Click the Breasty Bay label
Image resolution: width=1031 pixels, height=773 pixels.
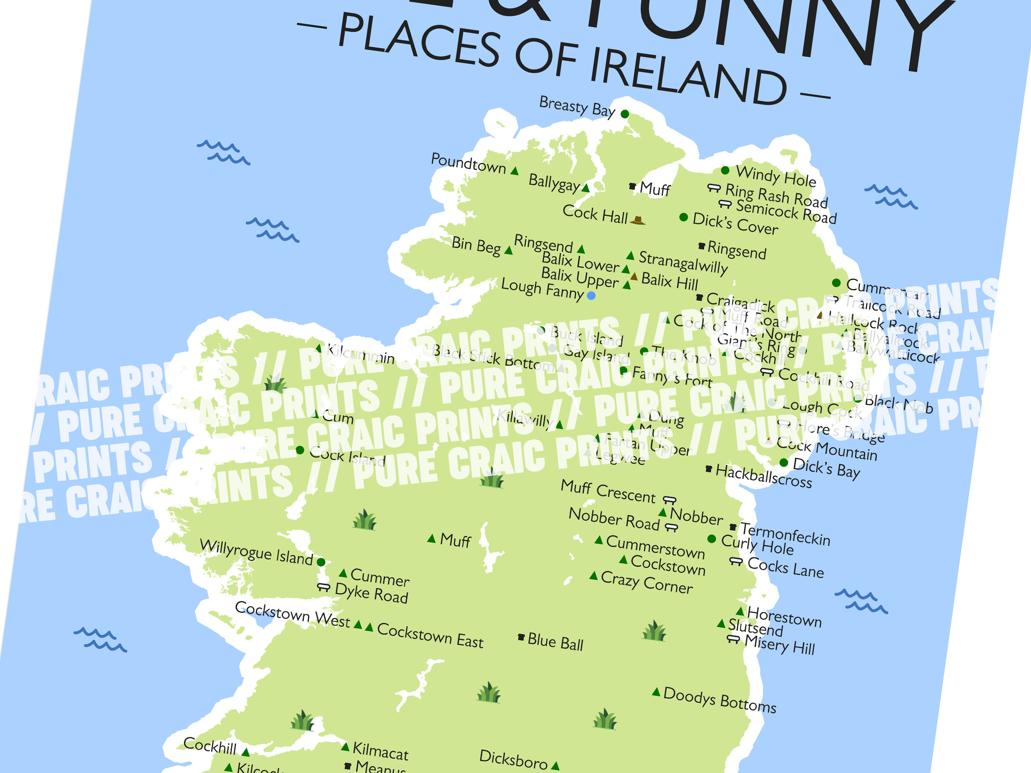pyautogui.click(x=577, y=106)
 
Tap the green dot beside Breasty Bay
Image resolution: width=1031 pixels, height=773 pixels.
pyautogui.click(x=625, y=114)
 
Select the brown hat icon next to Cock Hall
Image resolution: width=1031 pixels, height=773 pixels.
pyautogui.click(x=638, y=220)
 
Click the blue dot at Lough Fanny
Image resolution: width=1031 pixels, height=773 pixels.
pyautogui.click(x=591, y=295)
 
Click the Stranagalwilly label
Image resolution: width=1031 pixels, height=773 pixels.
pyautogui.click(x=683, y=263)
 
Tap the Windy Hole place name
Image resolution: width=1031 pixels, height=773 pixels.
pyautogui.click(x=776, y=176)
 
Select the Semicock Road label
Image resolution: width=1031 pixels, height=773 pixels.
pyautogui.click(x=786, y=211)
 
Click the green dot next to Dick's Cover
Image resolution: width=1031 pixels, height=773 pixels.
pyautogui.click(x=683, y=217)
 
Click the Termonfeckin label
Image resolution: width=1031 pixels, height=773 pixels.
pyautogui.click(x=785, y=534)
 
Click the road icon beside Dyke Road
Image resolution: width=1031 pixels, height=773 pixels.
pyautogui.click(x=323, y=587)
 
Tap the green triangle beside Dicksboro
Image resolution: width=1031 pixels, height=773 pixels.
pyautogui.click(x=555, y=765)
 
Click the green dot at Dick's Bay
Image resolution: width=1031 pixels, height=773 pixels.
pyautogui.click(x=784, y=463)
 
